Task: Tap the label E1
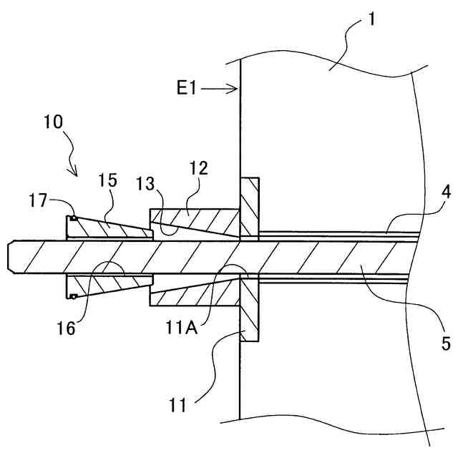click(188, 88)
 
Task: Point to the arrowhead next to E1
click(235, 89)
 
